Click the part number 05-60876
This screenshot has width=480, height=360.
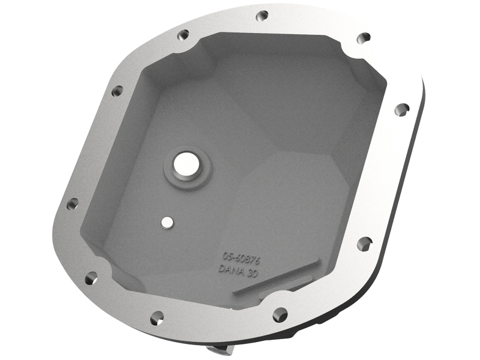tap(240, 257)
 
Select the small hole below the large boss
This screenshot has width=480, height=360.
tap(166, 222)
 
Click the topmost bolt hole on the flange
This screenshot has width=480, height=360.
tap(262, 16)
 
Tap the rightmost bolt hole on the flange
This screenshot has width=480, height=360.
tap(401, 109)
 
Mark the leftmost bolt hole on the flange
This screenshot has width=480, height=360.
tap(72, 203)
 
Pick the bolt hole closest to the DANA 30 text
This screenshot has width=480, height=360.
tap(280, 314)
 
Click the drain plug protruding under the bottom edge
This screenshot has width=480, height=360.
tap(219, 349)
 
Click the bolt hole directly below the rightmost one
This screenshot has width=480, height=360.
tap(364, 244)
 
